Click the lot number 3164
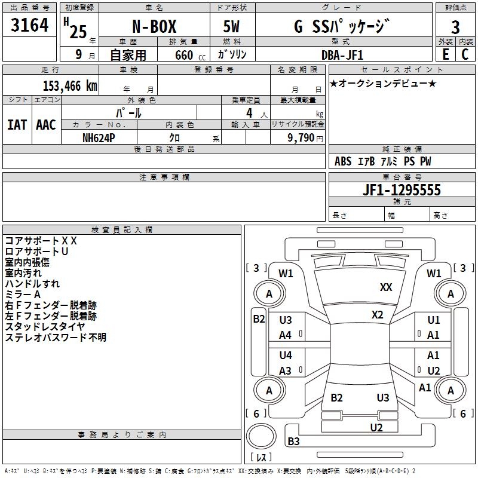[x=30, y=27]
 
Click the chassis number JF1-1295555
[x=385, y=191]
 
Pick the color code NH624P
[x=99, y=137]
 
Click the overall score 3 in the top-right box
[x=455, y=27]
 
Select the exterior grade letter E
[x=445, y=54]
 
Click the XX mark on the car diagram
[x=386, y=287]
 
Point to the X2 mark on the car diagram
[x=377, y=315]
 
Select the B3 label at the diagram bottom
[x=293, y=442]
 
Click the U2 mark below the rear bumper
[x=376, y=427]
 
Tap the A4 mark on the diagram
[x=286, y=335]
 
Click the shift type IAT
[x=16, y=125]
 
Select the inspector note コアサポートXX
[x=41, y=240]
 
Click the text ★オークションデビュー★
[x=383, y=83]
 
